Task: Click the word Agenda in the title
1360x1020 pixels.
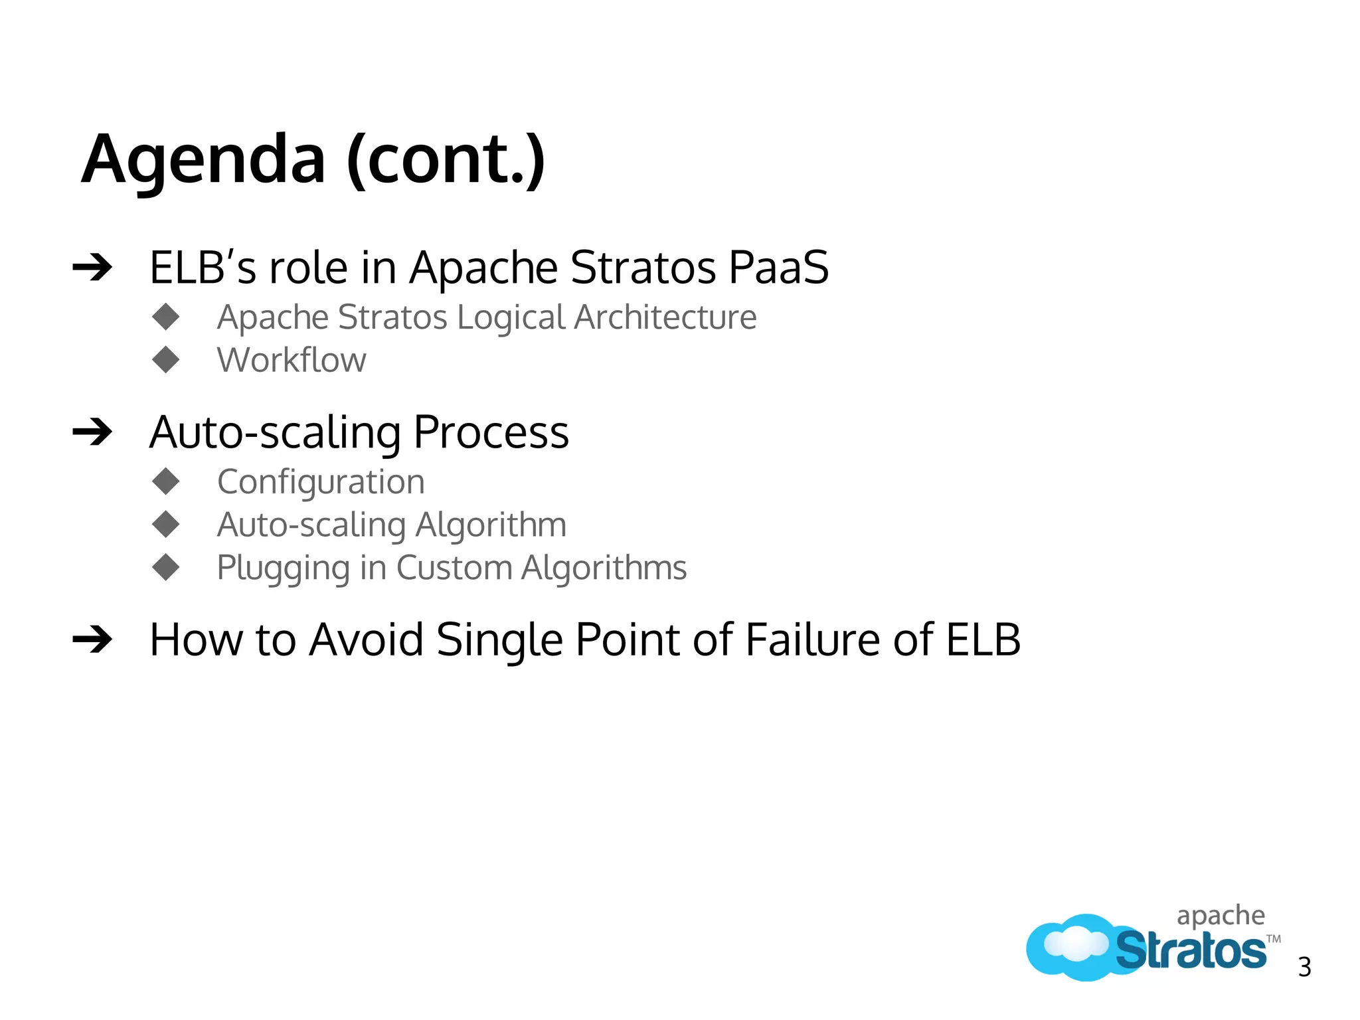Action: point(203,160)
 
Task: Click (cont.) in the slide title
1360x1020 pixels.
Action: point(446,160)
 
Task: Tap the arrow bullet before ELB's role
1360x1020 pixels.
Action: point(92,268)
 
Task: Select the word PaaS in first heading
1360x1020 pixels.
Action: point(778,268)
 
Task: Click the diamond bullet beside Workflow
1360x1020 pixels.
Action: point(166,360)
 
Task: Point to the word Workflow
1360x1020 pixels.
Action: point(292,361)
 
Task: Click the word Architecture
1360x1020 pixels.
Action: point(665,317)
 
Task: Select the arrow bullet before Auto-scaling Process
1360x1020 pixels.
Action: point(92,433)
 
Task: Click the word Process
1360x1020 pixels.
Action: point(491,432)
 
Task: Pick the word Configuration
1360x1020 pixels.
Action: point(321,482)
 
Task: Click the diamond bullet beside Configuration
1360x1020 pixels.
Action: point(166,481)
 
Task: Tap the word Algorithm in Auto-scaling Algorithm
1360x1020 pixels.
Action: point(491,525)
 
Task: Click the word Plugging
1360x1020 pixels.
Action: point(283,569)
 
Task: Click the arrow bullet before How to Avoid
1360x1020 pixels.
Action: point(92,640)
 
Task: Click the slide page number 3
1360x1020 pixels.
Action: point(1304,967)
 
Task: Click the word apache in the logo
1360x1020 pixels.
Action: point(1221,916)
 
